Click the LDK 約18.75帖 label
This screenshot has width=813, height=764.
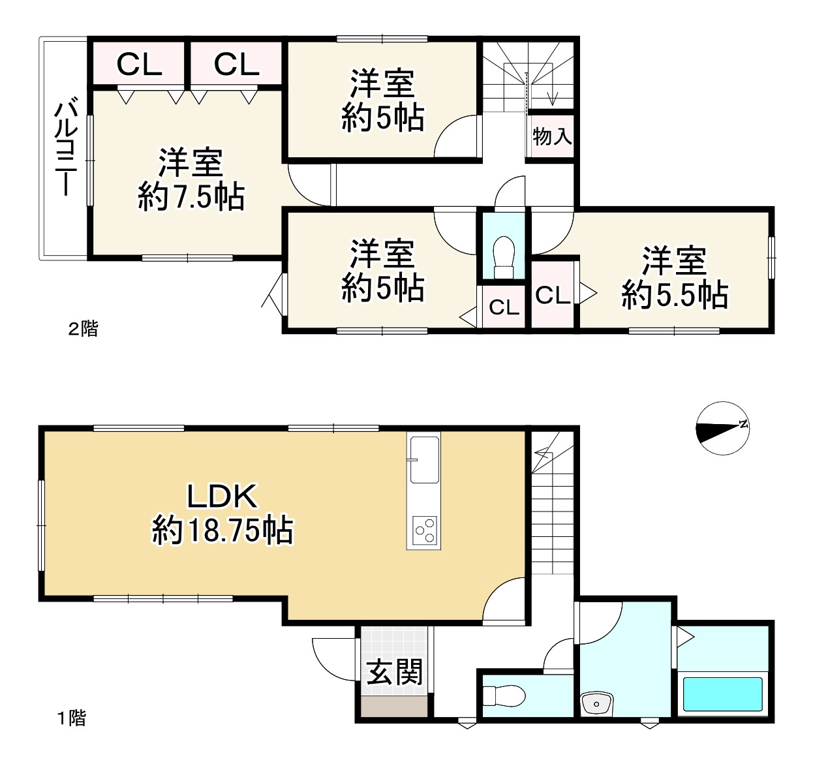tap(222, 513)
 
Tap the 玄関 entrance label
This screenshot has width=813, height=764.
tap(394, 672)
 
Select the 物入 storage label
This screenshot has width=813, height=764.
tap(552, 136)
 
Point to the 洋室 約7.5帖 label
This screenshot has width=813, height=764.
tap(191, 179)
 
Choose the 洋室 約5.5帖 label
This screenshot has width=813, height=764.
tap(675, 277)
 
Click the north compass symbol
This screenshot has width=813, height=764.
tap(722, 428)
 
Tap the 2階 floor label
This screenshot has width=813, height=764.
tap(83, 329)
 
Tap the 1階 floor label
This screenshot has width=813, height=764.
tap(72, 718)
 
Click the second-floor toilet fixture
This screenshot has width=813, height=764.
tap(504, 258)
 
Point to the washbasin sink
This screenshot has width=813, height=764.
tap(596, 704)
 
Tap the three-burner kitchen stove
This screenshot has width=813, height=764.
tap(424, 530)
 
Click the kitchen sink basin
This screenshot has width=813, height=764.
tap(425, 460)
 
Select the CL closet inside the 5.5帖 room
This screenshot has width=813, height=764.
tap(553, 294)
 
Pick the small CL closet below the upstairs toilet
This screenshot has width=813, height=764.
tap(504, 307)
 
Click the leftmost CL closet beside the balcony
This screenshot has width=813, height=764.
tap(139, 65)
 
